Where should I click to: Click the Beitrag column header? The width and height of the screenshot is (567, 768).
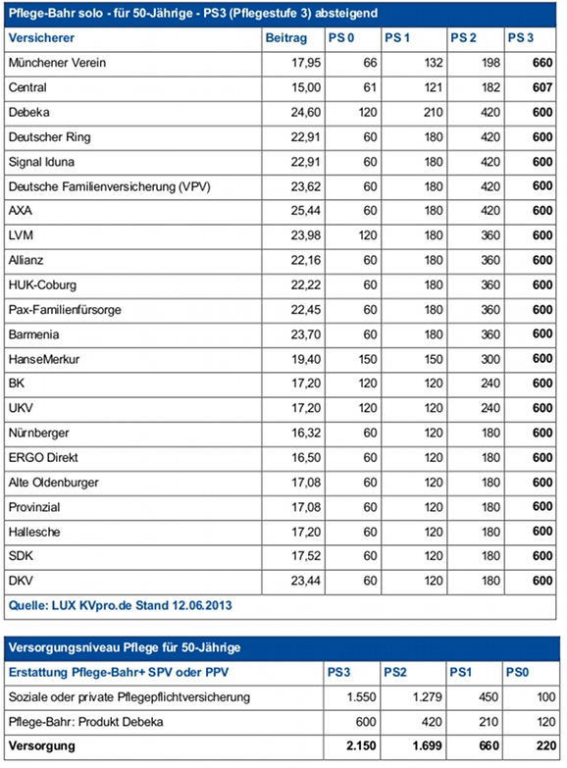coord(286,38)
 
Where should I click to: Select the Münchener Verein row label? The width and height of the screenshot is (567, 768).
coord(57,63)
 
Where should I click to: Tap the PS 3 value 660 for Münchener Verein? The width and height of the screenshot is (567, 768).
coord(542,63)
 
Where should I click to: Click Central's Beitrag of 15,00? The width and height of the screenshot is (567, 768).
coord(306,87)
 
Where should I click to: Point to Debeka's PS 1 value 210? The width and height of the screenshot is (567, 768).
coord(434,112)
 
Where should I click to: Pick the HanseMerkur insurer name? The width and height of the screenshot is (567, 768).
coord(43,360)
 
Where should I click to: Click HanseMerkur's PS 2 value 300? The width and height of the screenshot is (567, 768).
coord(490,360)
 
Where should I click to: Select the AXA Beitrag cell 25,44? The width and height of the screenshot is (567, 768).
coord(306,211)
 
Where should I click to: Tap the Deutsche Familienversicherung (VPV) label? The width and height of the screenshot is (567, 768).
coord(109,186)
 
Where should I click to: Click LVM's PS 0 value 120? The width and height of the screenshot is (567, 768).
coord(368,235)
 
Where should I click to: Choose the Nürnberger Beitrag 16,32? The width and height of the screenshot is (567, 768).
coord(306,433)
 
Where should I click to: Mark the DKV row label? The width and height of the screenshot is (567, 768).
coord(21,581)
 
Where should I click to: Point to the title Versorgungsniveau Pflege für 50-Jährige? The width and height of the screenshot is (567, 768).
coord(125,647)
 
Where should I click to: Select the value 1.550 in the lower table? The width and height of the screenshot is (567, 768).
coord(362,697)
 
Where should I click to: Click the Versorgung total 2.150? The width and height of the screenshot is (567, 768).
coord(361,746)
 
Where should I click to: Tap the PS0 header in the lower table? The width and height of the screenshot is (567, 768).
coord(517,673)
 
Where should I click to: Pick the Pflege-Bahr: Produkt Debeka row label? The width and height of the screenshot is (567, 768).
coord(85,722)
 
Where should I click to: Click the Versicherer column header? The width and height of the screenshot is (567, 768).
coord(41,38)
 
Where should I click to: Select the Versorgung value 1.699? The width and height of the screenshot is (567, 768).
coord(427,746)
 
